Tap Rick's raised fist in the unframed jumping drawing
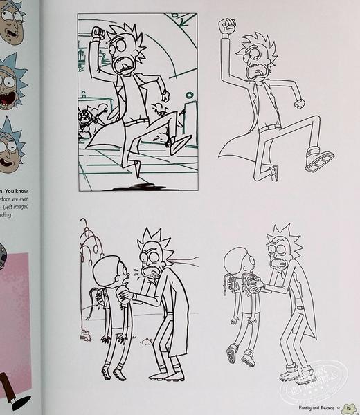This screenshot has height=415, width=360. coord(226,26)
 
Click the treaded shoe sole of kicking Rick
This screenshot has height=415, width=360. coord(318,160)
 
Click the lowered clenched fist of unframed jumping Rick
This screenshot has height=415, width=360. coord(300,104)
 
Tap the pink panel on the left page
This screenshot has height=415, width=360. coord(17,304)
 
